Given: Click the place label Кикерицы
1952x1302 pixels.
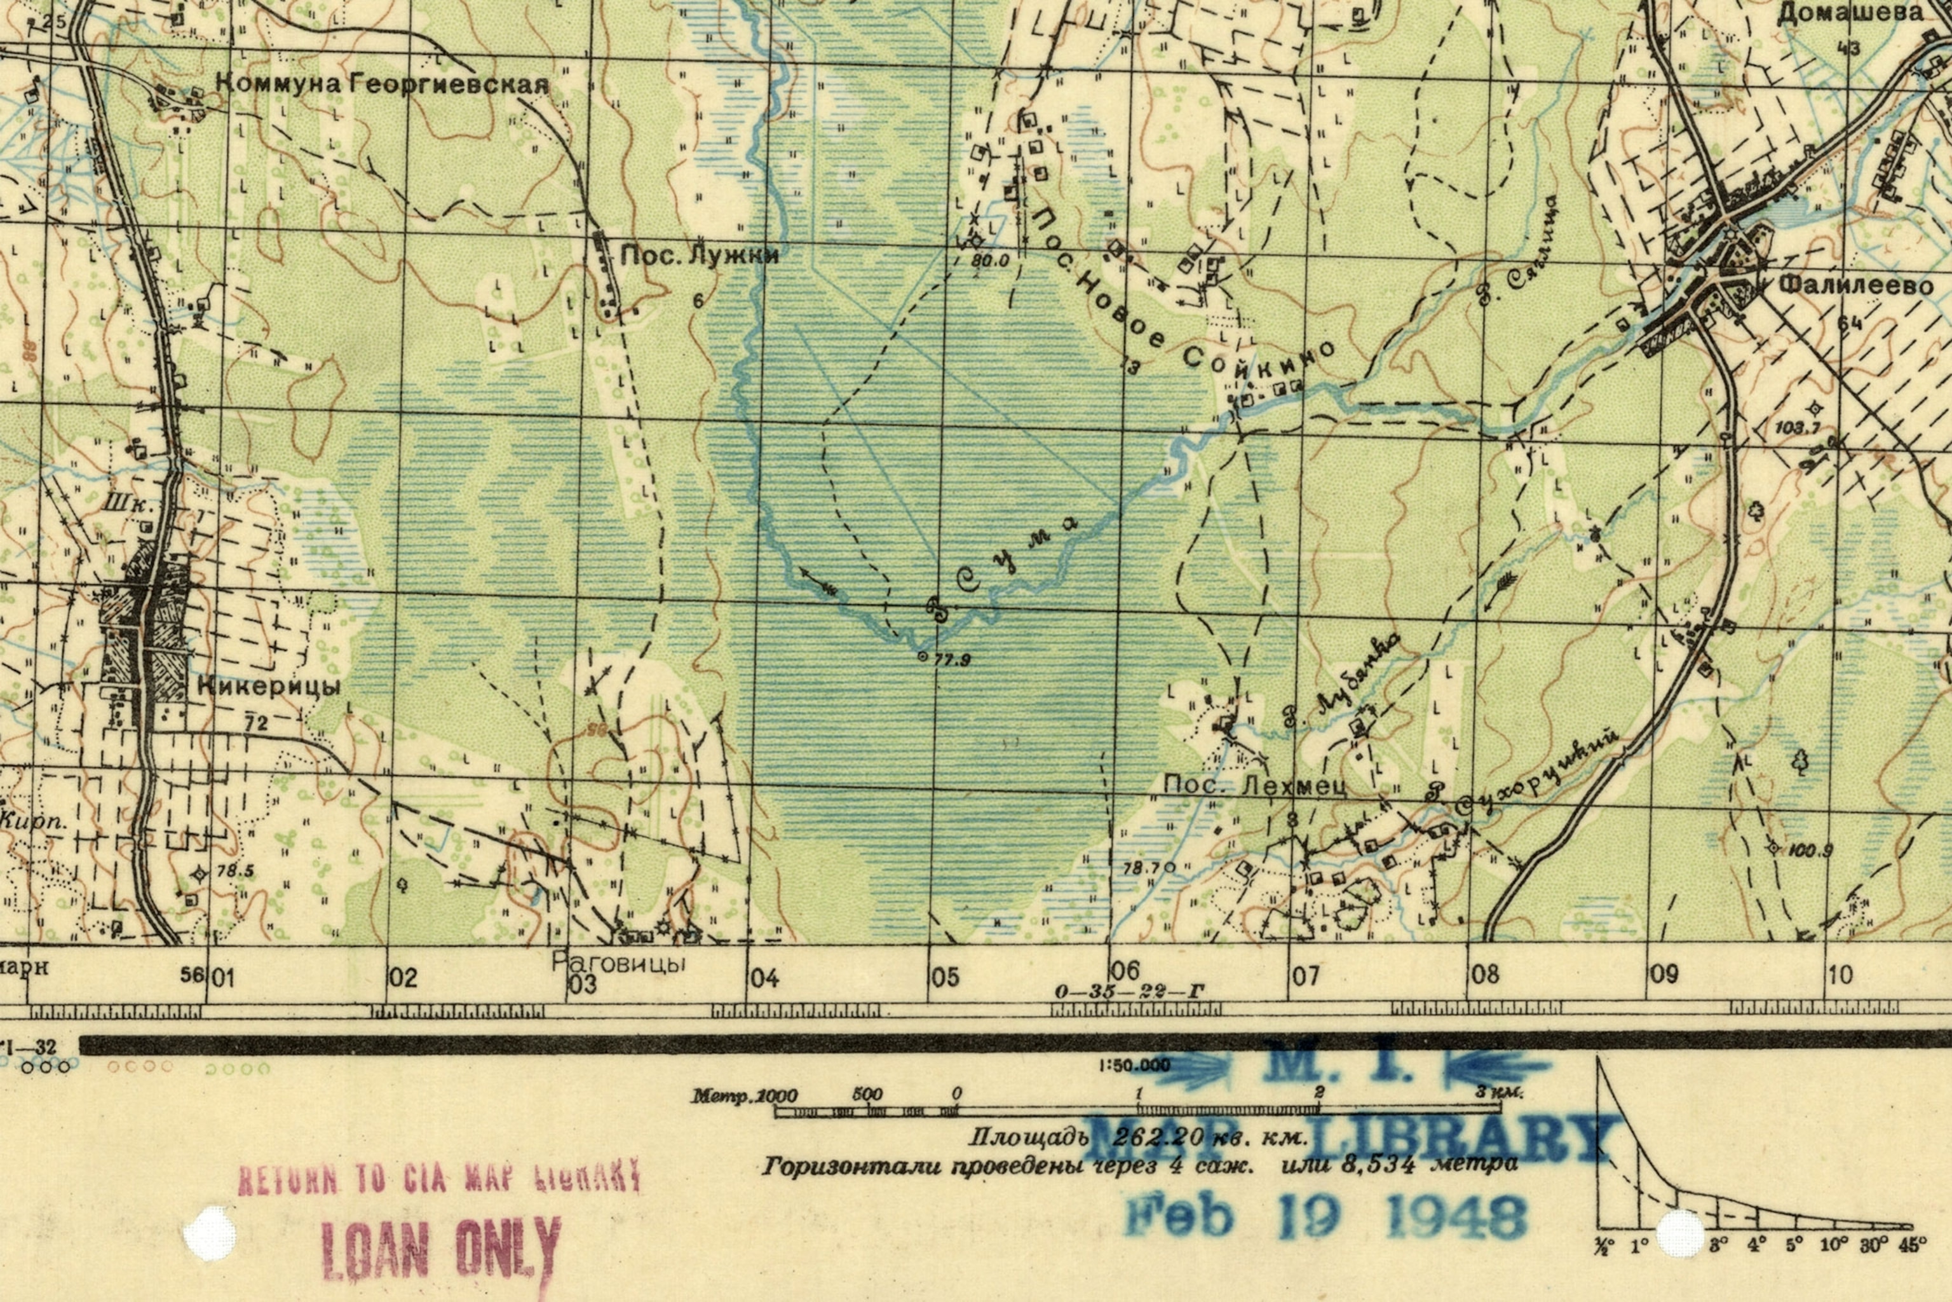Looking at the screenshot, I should click(x=269, y=687).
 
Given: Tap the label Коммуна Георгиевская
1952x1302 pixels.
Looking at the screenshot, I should click(x=382, y=85).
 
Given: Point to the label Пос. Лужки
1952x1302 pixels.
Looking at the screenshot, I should click(x=700, y=256).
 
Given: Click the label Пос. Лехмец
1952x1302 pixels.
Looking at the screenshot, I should click(x=1254, y=786).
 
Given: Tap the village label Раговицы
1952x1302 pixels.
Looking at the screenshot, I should click(x=619, y=963).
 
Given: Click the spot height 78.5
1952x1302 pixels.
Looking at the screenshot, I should click(x=234, y=871).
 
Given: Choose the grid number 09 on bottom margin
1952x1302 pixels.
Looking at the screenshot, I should click(x=1664, y=974).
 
